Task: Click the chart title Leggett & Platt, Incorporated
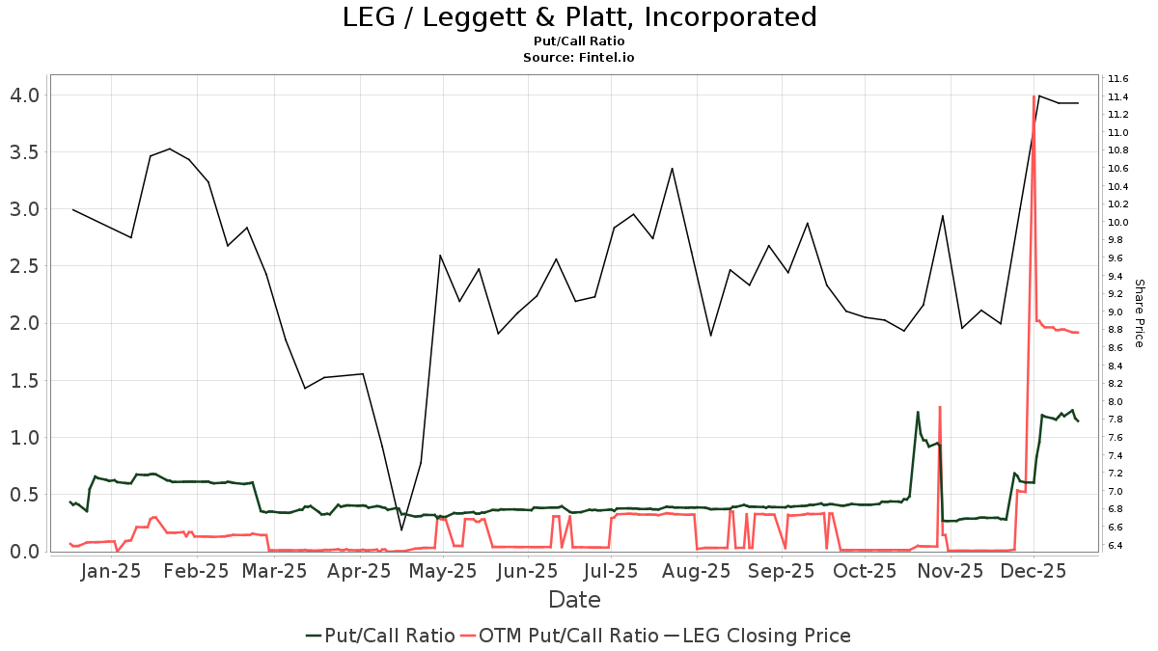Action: [x=579, y=17]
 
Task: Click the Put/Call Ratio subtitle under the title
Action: [x=579, y=41]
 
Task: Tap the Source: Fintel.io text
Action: [x=579, y=57]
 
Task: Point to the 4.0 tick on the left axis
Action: [x=25, y=95]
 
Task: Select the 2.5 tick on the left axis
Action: [x=25, y=266]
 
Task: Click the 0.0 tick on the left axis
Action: [x=25, y=552]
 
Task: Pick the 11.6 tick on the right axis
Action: [x=1118, y=78]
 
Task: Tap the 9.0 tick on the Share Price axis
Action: [x=1118, y=312]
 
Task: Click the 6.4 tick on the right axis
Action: [x=1118, y=546]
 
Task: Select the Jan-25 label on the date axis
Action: [x=112, y=572]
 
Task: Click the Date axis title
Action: [x=574, y=600]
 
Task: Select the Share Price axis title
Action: [x=1139, y=312]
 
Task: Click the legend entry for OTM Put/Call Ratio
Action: [x=568, y=636]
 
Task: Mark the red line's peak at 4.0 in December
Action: [x=1034, y=96]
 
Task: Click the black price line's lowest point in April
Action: [x=401, y=529]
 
